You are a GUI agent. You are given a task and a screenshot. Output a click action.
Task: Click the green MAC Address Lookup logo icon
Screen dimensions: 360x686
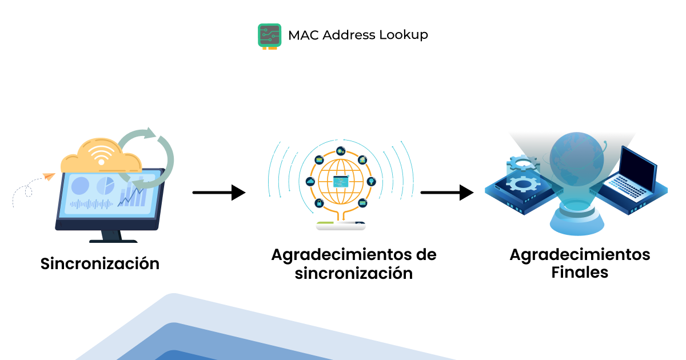tap(269, 35)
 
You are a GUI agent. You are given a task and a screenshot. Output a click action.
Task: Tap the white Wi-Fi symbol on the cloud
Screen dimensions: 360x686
tap(101, 156)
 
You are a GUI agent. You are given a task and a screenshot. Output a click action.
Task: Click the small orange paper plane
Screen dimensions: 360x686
tap(49, 177)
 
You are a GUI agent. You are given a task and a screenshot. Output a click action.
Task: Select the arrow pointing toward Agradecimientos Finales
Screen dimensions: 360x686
tap(446, 193)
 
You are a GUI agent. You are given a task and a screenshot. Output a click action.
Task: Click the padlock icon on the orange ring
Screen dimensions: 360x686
tap(318, 203)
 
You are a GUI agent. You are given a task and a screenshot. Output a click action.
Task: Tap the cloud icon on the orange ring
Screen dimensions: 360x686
tap(310, 181)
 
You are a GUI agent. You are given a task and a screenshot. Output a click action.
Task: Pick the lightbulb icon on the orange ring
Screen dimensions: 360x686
tap(370, 181)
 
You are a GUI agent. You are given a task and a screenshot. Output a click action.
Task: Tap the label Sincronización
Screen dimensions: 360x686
tap(99, 264)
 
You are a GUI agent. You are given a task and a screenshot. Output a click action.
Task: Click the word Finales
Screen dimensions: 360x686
tap(580, 273)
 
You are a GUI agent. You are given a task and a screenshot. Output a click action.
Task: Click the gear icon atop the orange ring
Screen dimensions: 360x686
tap(341, 151)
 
